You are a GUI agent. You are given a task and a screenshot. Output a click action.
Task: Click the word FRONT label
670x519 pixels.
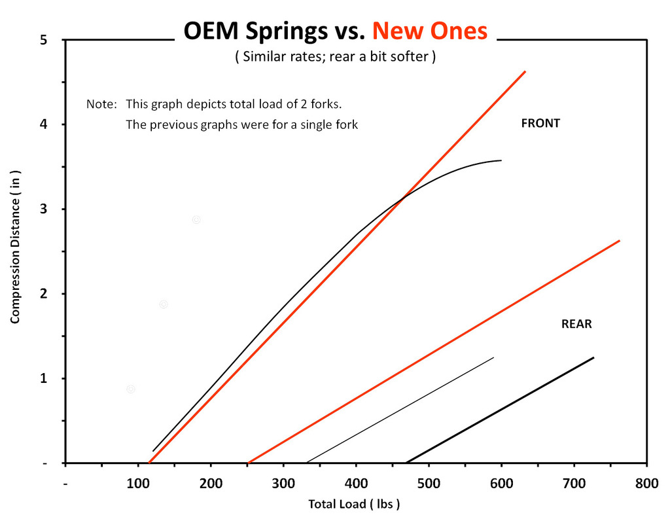point(540,123)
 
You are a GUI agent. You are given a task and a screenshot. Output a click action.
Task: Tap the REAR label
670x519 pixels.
point(576,324)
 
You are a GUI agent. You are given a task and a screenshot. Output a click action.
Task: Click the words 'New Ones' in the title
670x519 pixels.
point(430,31)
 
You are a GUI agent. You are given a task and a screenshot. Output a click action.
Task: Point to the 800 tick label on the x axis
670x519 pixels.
point(646,484)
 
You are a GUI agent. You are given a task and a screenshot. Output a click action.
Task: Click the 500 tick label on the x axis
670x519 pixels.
point(429,484)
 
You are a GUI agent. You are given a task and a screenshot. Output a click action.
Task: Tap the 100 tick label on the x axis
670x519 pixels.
point(138,484)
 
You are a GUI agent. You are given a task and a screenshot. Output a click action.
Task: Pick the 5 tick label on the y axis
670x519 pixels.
point(44,40)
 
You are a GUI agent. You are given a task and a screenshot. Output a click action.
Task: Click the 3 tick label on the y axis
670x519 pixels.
point(44,209)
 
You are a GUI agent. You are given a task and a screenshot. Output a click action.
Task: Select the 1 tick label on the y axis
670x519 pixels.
point(44,379)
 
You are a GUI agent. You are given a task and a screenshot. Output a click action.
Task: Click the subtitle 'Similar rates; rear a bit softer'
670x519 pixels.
point(335,57)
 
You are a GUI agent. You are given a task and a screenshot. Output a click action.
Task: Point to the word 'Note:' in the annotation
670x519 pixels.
point(101,104)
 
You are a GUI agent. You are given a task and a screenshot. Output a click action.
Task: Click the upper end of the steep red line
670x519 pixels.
point(525,71)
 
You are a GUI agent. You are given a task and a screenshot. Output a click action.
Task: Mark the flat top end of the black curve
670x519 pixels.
point(501,160)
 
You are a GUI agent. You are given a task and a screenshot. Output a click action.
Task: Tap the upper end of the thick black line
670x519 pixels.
point(593,357)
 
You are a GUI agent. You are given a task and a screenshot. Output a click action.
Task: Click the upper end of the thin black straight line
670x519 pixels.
point(493,357)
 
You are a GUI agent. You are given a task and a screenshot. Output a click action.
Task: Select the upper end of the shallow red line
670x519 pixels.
point(619,241)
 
